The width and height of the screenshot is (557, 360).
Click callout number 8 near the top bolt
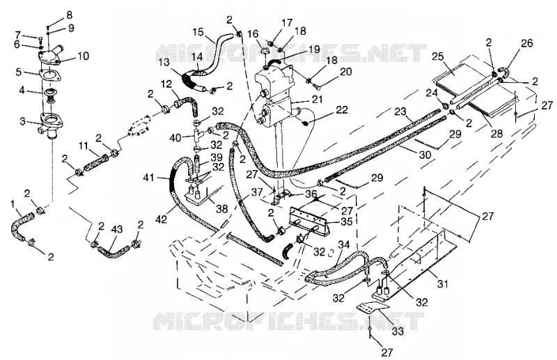coord(69,15)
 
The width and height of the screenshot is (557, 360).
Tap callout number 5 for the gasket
coord(19,72)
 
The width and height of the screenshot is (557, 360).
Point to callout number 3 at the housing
coord(23,123)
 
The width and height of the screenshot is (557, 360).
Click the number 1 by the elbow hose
coord(13,204)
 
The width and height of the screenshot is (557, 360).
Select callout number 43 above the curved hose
coord(116,229)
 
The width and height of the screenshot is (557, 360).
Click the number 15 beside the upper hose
coord(198,32)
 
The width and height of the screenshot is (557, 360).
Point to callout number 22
coord(341,110)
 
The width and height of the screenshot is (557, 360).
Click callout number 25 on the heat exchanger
coord(439,56)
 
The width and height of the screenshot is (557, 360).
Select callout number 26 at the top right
coord(527,43)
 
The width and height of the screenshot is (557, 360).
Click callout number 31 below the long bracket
coord(442,283)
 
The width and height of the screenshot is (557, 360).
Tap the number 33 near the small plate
coord(398,331)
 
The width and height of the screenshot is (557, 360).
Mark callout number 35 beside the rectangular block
coord(346,221)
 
